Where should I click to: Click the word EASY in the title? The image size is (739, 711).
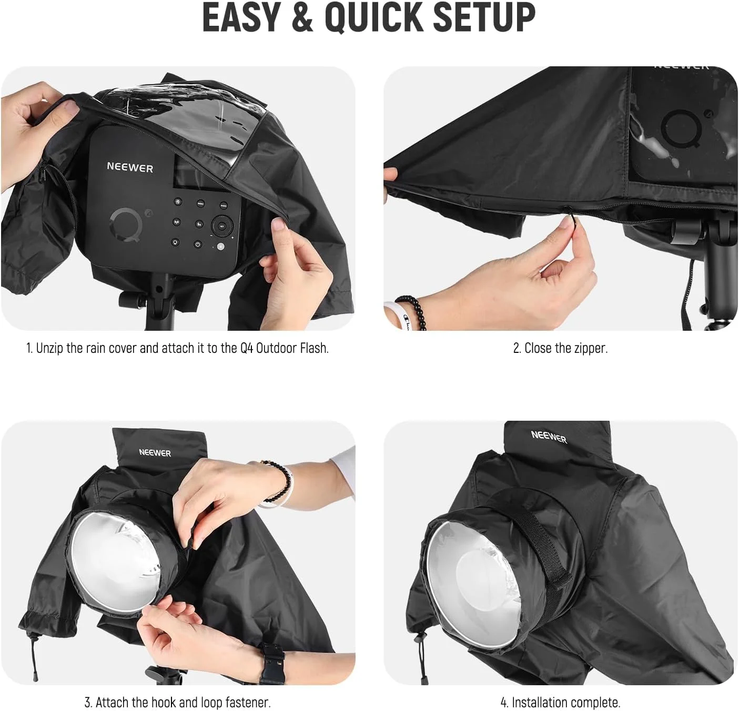coord(241,17)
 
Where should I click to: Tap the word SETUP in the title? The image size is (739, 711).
coord(484,17)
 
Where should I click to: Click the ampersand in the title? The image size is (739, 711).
coord(302,17)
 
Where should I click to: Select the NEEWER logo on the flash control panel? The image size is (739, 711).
coord(130,167)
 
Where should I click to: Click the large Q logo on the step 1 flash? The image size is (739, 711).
coord(126,225)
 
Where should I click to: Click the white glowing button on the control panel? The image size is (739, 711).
coord(220,247)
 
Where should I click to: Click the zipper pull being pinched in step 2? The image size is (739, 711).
coord(569,217)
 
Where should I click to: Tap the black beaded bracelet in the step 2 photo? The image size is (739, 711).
coord(412,311)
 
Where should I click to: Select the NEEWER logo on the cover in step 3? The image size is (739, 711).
coord(155,452)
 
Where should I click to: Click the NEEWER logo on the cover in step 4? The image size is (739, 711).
coord(549,437)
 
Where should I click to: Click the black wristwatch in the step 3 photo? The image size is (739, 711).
coord(272,662)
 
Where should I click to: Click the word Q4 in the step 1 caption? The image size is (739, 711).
coord(247,348)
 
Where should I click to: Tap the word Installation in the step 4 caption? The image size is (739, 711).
coord(540,702)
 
